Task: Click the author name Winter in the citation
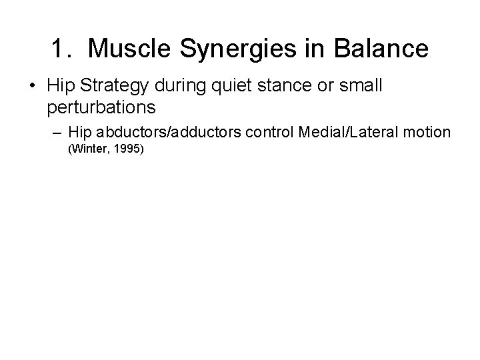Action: click(x=89, y=149)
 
